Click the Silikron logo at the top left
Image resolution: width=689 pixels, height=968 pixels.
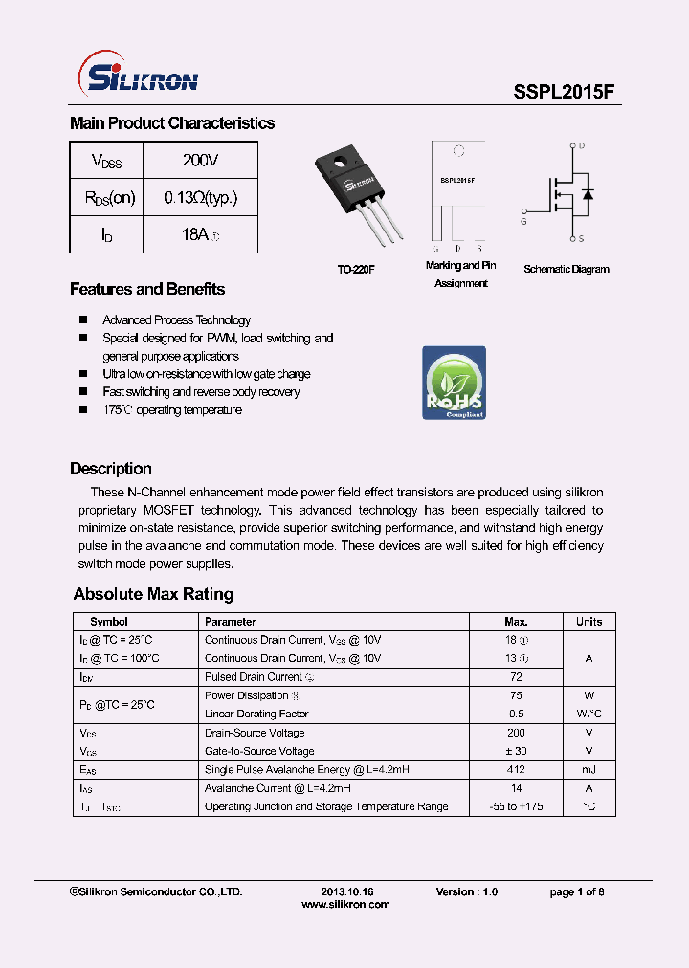point(136,74)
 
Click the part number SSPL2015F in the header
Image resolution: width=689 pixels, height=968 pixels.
point(565,93)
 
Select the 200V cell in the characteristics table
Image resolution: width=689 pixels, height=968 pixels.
point(200,161)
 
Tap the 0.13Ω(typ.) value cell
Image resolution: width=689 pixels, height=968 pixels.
point(200,198)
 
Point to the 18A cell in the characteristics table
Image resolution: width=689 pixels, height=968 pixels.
point(200,234)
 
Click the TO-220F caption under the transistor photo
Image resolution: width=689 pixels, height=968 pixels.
point(355,271)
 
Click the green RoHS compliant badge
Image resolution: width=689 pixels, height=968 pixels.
point(454,383)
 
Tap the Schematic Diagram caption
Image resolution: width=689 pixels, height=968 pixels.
point(566,270)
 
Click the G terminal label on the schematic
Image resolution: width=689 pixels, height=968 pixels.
point(523,222)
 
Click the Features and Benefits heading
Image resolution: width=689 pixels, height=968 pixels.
point(147,289)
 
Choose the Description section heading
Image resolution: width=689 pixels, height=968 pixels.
point(111,469)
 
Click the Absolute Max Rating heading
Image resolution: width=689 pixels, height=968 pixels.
point(153,594)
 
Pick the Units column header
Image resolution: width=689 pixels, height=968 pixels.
point(589,622)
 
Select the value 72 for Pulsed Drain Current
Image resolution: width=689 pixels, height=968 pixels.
point(517,677)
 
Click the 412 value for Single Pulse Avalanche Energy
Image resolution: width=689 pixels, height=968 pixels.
point(517,770)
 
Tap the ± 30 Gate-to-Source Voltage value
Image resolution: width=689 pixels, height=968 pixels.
point(517,752)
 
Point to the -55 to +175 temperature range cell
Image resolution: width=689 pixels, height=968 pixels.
point(517,807)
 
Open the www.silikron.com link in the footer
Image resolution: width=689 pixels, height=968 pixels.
point(345,905)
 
